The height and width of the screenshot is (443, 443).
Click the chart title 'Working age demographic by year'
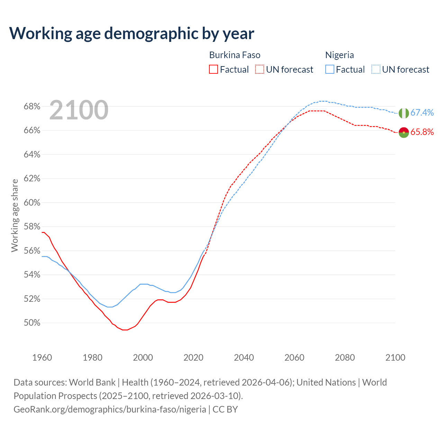point(132,34)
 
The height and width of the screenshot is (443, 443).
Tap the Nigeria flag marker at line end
point(404,113)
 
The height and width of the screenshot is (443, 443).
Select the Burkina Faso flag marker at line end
point(404,132)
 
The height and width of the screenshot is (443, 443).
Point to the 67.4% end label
point(422,113)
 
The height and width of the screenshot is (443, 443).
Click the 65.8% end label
point(422,132)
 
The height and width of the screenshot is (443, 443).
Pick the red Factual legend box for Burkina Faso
point(214,70)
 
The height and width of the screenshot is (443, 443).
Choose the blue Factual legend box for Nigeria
point(329,70)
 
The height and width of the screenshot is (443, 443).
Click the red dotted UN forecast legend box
point(260,70)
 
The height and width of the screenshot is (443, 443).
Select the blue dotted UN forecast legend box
point(376,70)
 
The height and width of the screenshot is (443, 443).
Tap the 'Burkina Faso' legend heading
point(235,55)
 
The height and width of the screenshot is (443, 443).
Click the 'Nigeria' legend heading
point(340,55)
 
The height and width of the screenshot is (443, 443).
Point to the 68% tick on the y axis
point(32,107)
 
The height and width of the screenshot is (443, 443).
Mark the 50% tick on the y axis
point(32,323)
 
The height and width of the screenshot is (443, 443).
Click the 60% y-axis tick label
point(32,203)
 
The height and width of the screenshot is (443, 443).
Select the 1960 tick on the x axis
point(42,358)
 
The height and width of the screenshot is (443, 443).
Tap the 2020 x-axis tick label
point(193,358)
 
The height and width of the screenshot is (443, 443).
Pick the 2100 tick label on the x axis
point(395,358)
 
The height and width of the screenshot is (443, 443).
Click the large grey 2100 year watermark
point(79,110)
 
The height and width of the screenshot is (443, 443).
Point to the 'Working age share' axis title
point(15,215)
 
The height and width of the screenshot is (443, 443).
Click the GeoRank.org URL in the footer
point(110,409)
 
